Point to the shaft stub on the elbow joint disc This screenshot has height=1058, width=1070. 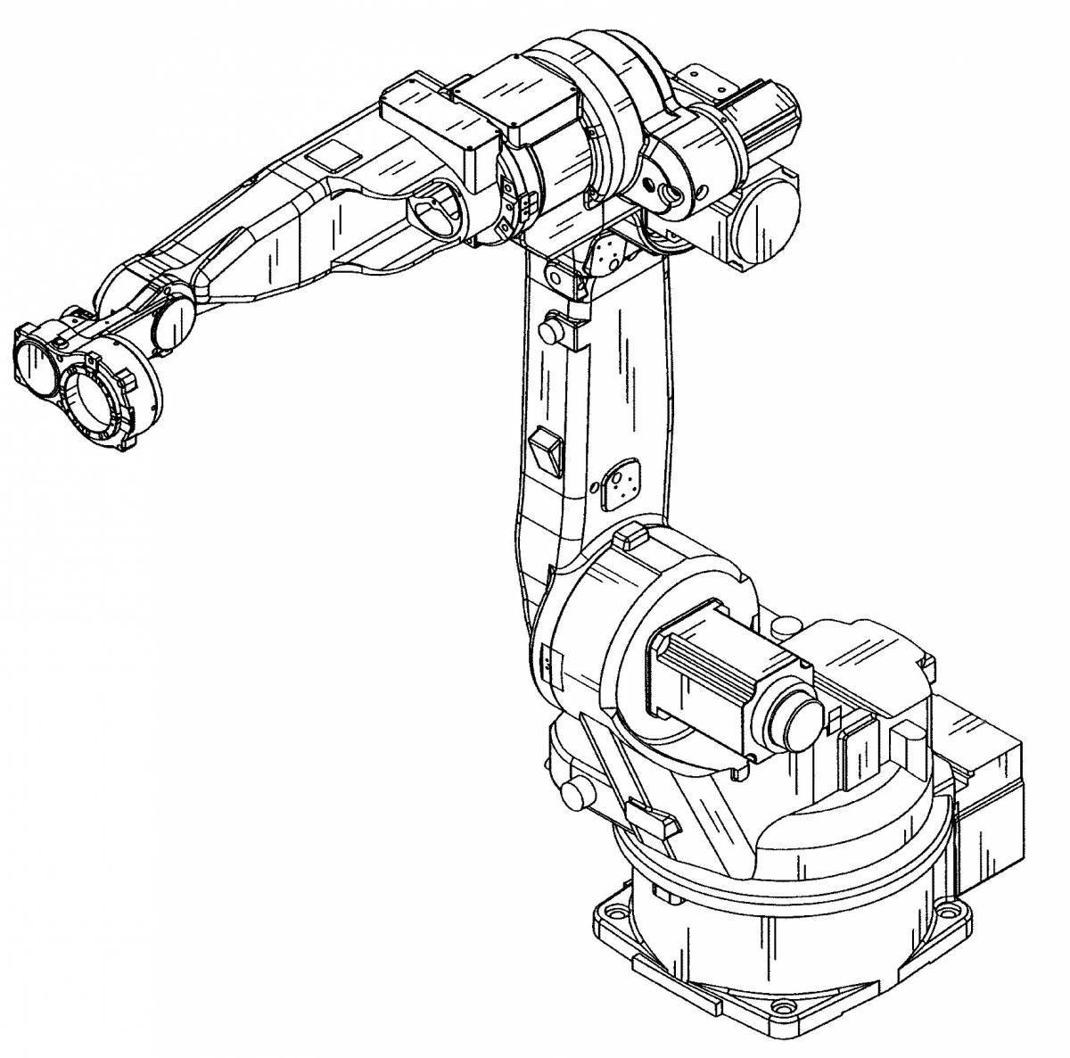(664, 190)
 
